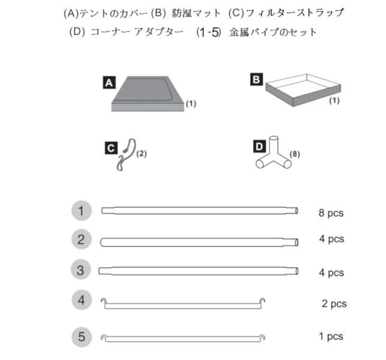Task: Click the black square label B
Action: [x=256, y=78]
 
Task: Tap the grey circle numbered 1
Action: [x=82, y=211]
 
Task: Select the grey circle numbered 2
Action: [x=82, y=241]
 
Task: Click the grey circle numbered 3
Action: [x=82, y=270]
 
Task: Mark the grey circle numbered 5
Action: [x=82, y=336]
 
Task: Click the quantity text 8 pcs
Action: [x=331, y=213]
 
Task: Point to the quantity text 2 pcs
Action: [x=334, y=304]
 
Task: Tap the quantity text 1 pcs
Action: [x=331, y=337]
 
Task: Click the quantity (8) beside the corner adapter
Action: [x=294, y=154]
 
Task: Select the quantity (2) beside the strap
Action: [x=141, y=154]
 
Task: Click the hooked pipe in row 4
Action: [x=184, y=304]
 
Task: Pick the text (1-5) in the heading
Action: [x=209, y=32]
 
